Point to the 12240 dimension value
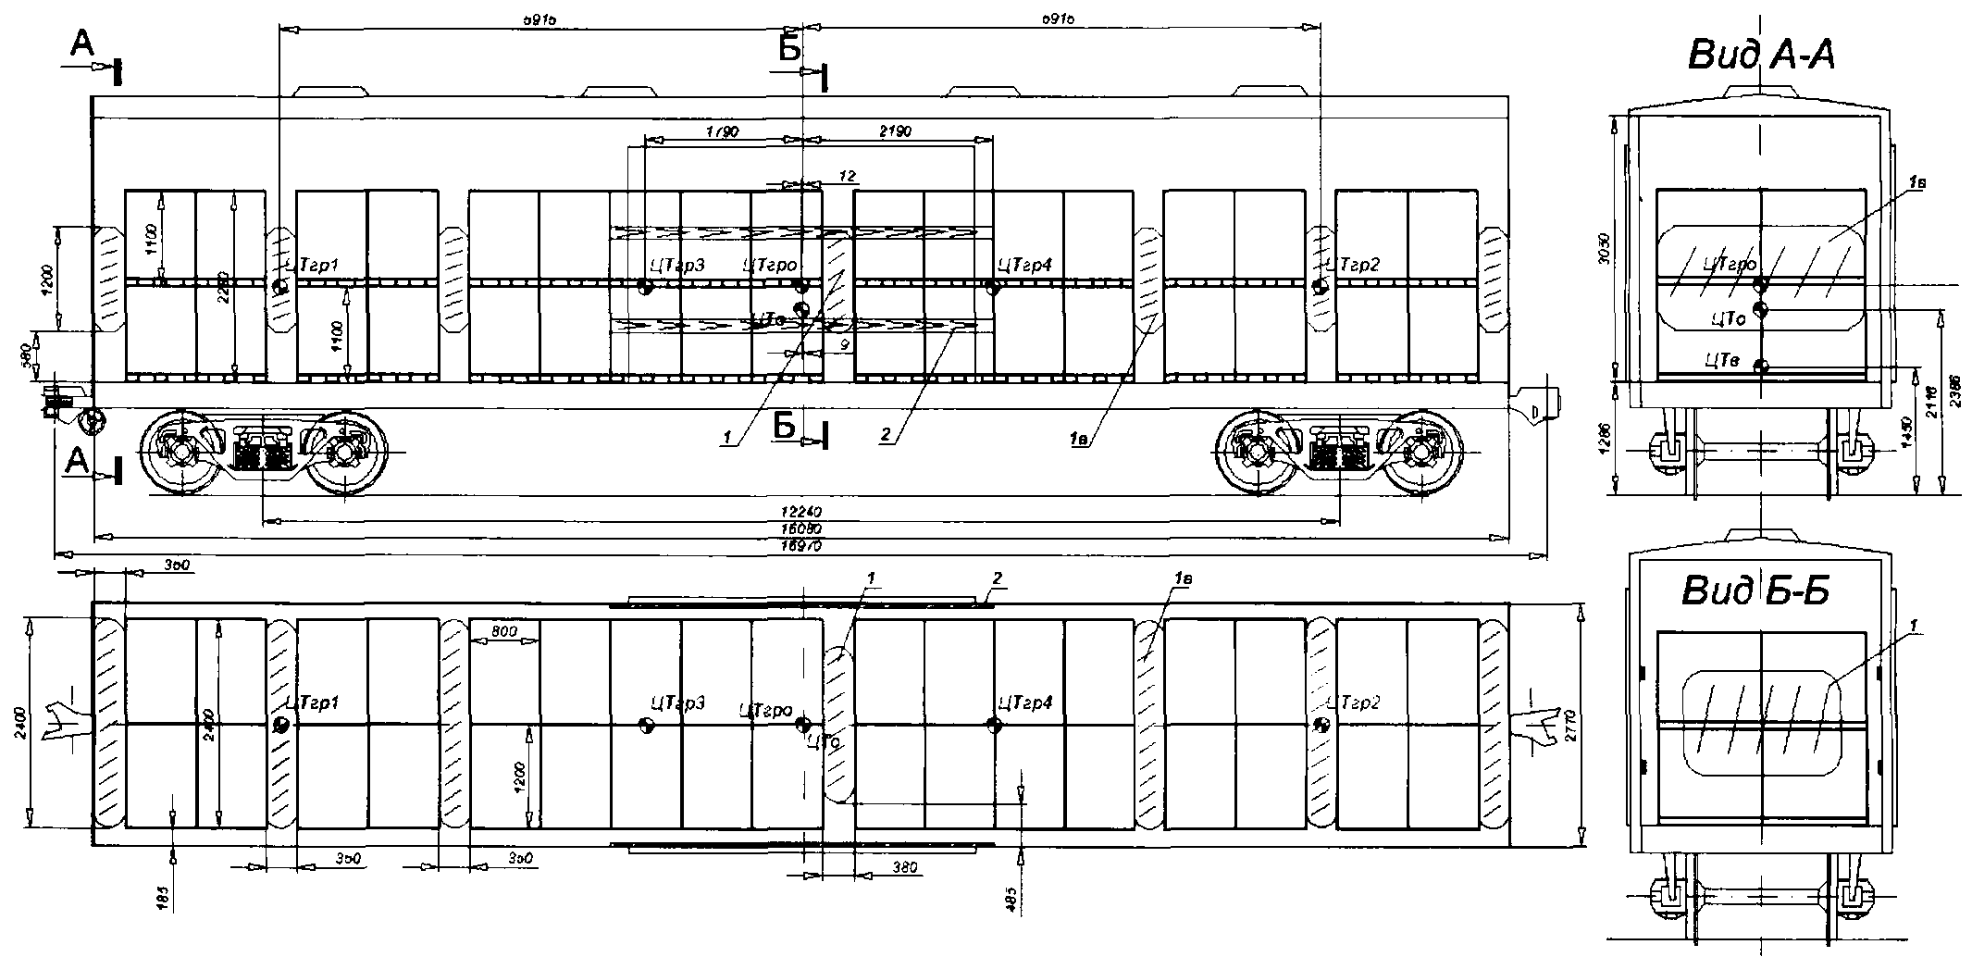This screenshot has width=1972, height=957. pos(801,512)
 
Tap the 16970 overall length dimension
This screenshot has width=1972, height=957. pos(801,547)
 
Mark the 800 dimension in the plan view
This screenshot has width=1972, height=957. pos(504,632)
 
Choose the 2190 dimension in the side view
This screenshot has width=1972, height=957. pos(896,132)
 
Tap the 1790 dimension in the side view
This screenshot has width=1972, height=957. pos(722,132)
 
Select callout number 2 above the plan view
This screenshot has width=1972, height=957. pos(997,578)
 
